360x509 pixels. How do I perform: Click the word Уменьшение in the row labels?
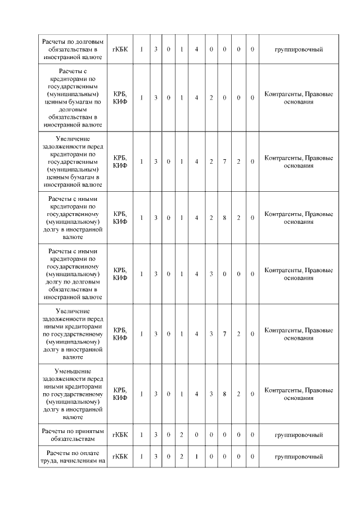[x=72, y=371]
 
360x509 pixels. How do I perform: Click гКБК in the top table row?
[x=120, y=49]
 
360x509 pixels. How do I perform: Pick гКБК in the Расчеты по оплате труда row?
[x=120, y=456]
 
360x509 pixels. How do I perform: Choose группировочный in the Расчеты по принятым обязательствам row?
[x=298, y=435]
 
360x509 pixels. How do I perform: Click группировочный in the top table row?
[x=298, y=49]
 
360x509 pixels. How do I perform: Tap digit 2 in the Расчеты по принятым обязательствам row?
[x=182, y=435]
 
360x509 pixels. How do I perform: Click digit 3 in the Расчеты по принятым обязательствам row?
[x=156, y=435]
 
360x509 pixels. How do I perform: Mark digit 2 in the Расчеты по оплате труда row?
[x=182, y=456]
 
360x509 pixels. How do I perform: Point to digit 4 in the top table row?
[x=196, y=49]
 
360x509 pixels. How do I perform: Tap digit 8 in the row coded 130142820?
[x=224, y=218]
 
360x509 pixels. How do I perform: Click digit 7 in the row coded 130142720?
[x=224, y=161]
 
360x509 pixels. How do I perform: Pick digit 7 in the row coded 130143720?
[x=224, y=334]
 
